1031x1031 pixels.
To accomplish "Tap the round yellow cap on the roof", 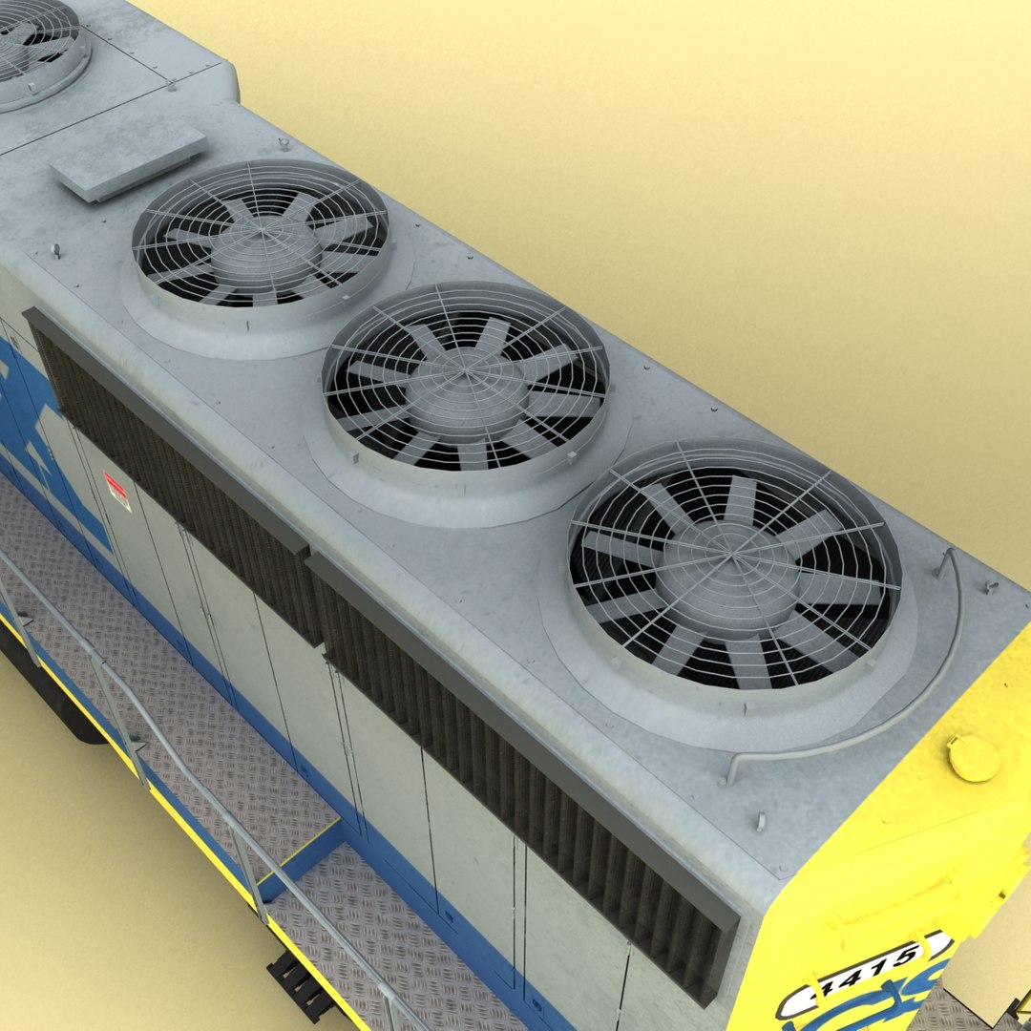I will (974, 758).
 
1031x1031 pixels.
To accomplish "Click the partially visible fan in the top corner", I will (33, 43).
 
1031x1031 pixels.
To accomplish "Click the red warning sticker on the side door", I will (116, 490).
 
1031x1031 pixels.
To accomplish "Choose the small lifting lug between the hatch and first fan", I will (55, 250).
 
